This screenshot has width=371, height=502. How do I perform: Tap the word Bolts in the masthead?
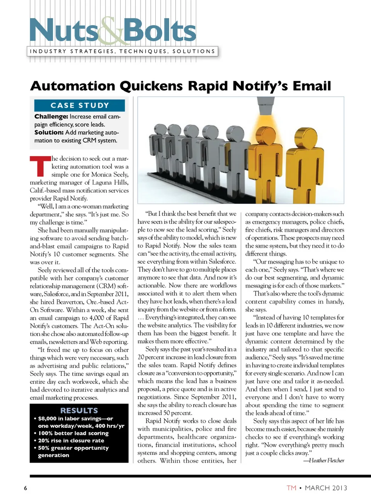(160, 31)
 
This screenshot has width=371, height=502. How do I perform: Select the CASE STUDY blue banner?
(80, 105)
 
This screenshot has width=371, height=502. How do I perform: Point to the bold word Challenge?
(51, 117)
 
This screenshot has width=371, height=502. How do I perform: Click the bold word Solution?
(49, 132)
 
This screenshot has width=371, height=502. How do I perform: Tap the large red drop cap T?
(40, 166)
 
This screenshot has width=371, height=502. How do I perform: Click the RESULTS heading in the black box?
(79, 410)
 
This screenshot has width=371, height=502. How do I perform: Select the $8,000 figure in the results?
(47, 419)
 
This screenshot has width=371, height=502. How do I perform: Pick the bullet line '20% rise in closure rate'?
(71, 441)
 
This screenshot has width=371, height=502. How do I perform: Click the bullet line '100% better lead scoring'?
(73, 433)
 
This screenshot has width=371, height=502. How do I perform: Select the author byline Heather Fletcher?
(326, 460)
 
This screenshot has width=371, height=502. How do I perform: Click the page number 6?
(26, 488)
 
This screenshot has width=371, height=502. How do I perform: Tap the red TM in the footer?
(291, 488)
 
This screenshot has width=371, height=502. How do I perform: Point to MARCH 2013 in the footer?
(326, 488)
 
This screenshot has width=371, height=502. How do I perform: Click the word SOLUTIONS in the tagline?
(194, 51)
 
